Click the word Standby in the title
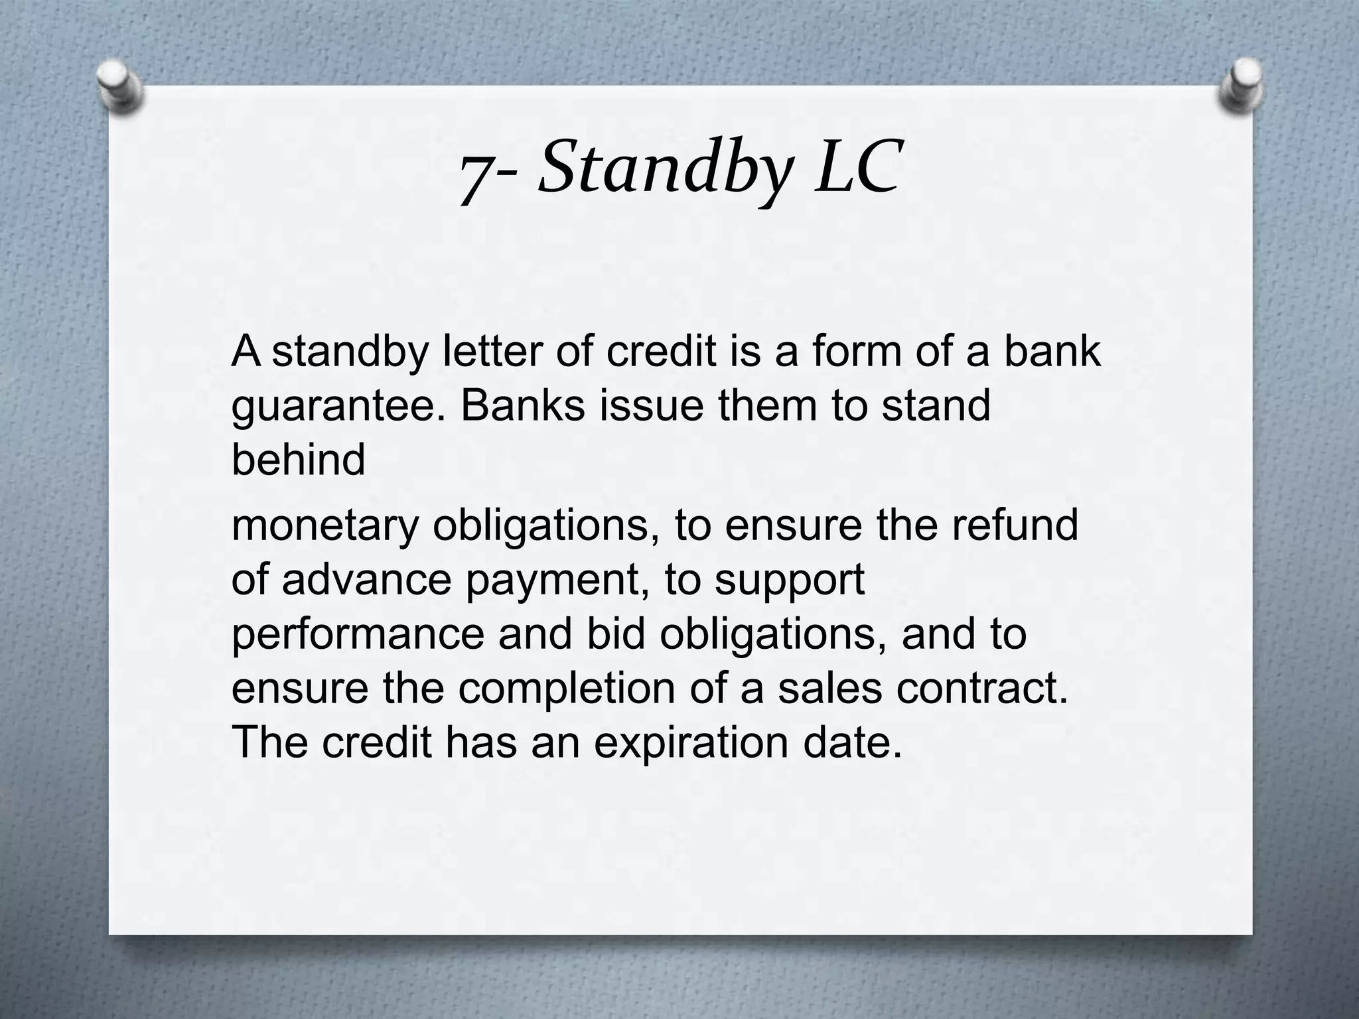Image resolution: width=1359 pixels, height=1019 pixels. coord(663,167)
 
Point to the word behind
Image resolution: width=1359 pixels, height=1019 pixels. coord(299,459)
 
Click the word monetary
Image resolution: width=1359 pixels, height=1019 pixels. coord(326,525)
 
